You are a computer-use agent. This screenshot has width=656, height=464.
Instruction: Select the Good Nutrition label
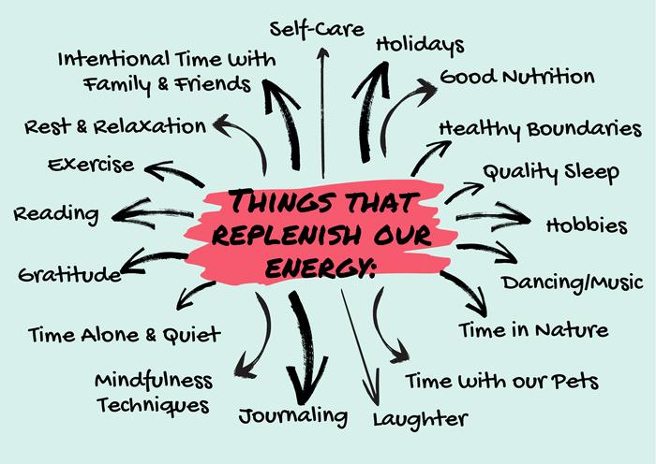(x=516, y=76)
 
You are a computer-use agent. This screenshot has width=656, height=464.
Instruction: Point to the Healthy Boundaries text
(x=540, y=127)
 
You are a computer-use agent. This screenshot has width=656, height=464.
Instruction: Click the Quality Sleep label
(x=550, y=172)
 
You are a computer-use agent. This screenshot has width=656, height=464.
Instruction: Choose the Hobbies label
(x=586, y=225)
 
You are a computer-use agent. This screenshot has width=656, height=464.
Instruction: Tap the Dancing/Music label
(x=572, y=281)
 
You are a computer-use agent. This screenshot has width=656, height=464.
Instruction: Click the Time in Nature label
(x=532, y=329)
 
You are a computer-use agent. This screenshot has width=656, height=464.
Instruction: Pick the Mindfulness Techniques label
(x=153, y=393)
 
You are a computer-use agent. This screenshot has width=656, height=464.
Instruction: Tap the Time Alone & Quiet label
(x=124, y=333)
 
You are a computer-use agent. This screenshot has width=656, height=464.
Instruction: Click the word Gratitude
(x=69, y=275)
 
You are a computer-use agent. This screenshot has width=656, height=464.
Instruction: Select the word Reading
(x=55, y=213)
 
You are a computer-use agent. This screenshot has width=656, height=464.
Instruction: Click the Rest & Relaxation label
(x=115, y=125)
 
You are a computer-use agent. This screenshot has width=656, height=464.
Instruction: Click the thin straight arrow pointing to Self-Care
(x=322, y=112)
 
